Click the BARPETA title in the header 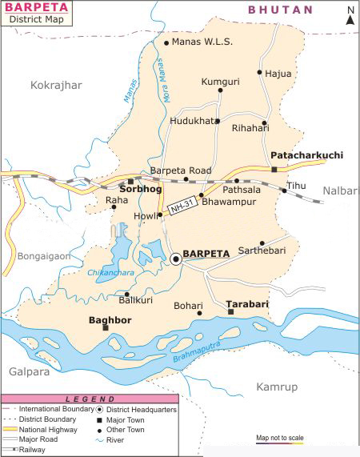click(33, 9)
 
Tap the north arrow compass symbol click(350, 16)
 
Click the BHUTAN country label click(280, 10)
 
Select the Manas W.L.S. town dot click(166, 42)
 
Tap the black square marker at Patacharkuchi click(274, 170)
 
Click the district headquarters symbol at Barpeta click(175, 258)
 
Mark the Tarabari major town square click(230, 311)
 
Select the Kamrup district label click(276, 387)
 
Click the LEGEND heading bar click(90, 399)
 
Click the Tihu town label click(297, 186)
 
